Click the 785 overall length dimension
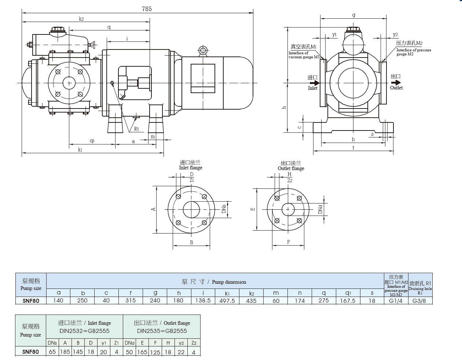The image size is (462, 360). coord(147,8)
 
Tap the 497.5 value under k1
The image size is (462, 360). coord(227,301)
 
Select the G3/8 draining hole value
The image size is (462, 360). coord(420,301)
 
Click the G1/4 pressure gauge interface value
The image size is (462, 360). coord(396,301)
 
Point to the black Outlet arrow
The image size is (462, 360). coord(396,82)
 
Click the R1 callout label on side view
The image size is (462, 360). coord(136,129)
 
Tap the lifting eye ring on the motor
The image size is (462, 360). coord(202,50)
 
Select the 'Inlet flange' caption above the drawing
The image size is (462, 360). coord(191,168)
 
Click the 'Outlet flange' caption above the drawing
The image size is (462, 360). coord(291,168)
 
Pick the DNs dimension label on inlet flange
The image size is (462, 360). coord(224,209)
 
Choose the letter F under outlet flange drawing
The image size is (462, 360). coord(288,242)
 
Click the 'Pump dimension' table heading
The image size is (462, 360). coord(229,282)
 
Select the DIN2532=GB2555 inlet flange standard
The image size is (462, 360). coord(84,331)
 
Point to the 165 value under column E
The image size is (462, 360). coord(142,352)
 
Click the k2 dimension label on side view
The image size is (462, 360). coord(81,19)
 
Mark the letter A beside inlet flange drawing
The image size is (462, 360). coord(154,209)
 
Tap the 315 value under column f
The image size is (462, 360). coord(131,301)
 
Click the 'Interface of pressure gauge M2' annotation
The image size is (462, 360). coord(413,52)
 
